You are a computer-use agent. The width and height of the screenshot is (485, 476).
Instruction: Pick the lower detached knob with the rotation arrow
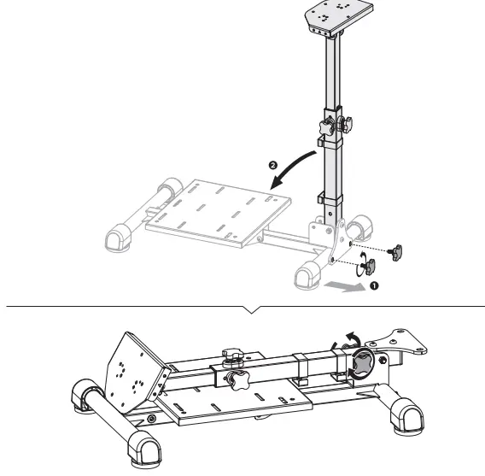click(x=370, y=267)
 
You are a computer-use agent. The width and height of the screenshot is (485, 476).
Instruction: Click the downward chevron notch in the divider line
click(x=250, y=309)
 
